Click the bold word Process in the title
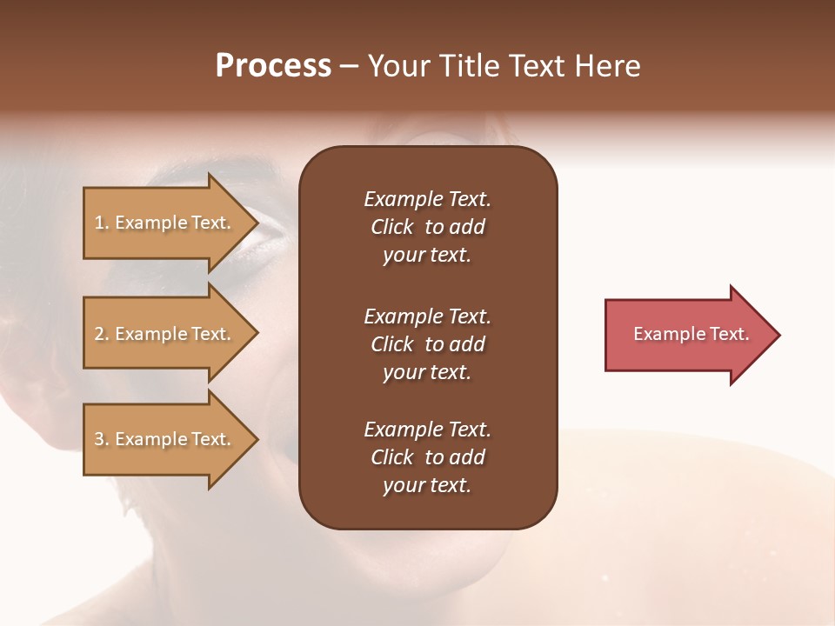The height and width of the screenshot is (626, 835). click(273, 66)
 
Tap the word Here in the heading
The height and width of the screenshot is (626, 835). click(607, 66)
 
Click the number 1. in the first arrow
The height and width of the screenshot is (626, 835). click(102, 223)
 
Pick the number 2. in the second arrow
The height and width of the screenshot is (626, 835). click(102, 334)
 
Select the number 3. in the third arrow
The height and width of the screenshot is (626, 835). click(102, 439)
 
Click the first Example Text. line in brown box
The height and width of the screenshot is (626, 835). click(427, 199)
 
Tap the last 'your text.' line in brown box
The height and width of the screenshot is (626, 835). click(427, 485)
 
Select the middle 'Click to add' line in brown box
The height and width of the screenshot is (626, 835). click(427, 344)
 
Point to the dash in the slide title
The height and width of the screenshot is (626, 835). click(349, 67)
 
